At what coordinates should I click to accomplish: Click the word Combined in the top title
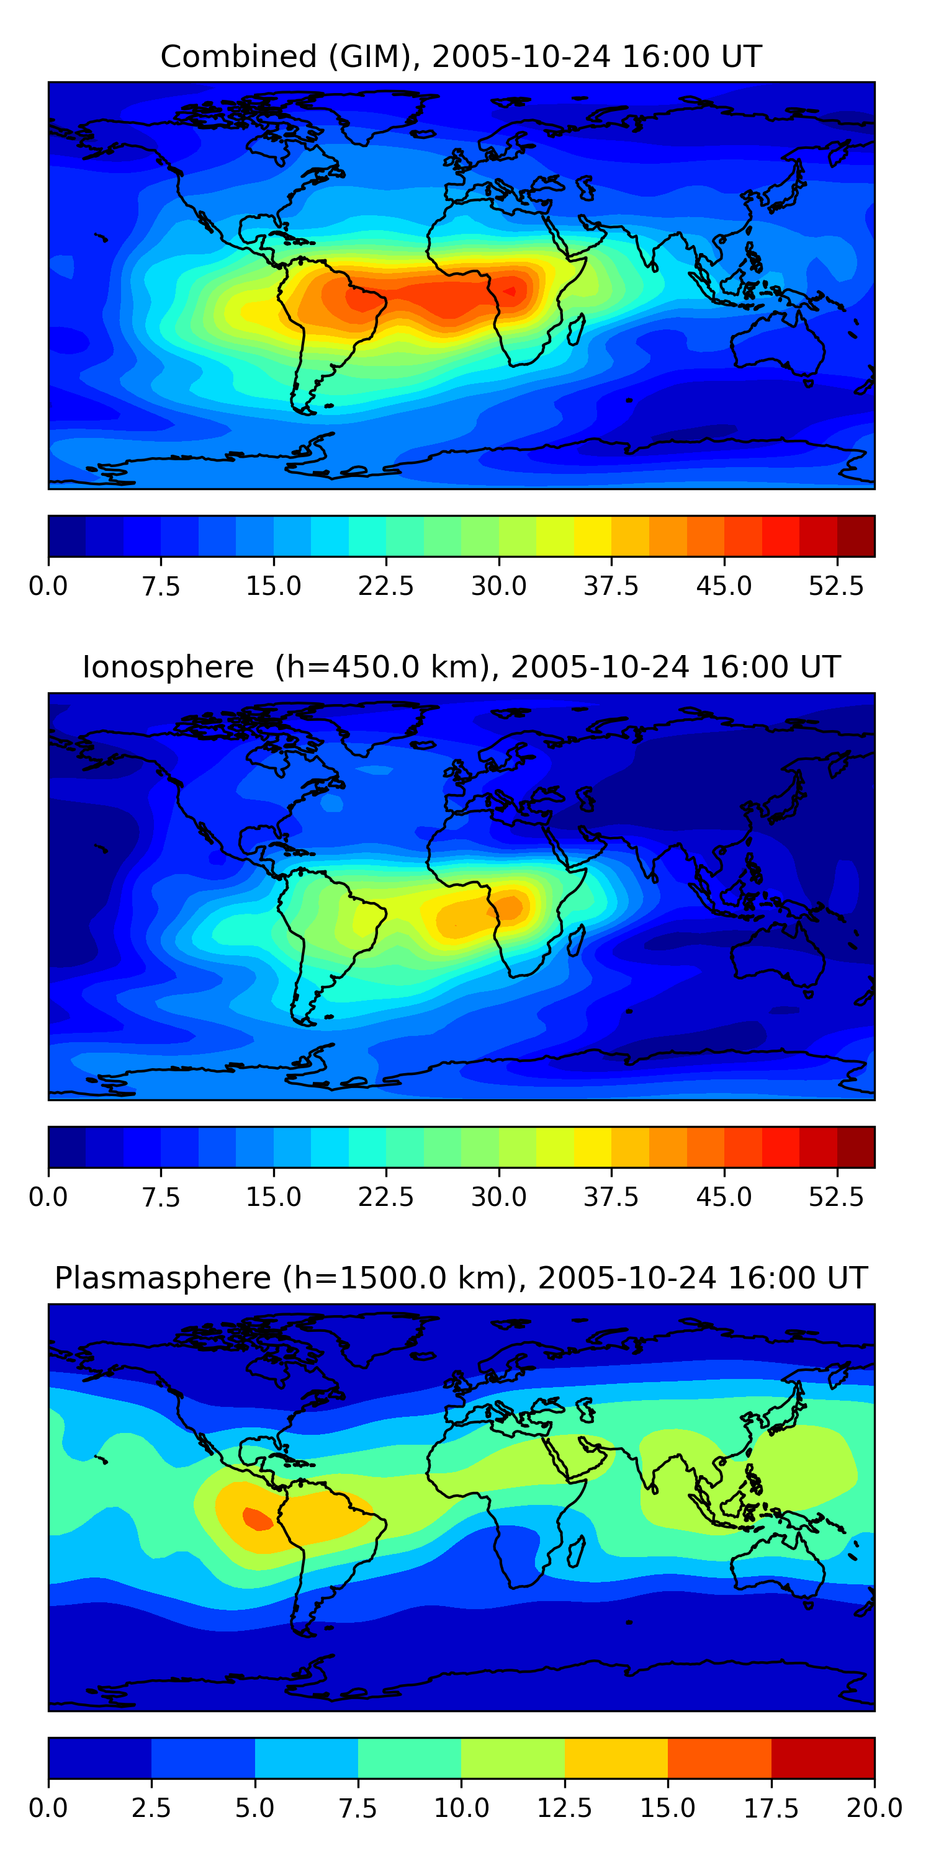click(238, 56)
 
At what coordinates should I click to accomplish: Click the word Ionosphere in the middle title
click(168, 667)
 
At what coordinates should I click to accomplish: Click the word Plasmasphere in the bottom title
click(163, 1278)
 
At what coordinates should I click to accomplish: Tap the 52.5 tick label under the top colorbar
click(835, 586)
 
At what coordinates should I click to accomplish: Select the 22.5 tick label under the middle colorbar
click(385, 1197)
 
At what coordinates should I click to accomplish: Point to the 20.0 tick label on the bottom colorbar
click(874, 1808)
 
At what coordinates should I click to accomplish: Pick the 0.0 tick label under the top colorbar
click(48, 586)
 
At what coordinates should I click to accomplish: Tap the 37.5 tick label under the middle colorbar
click(611, 1197)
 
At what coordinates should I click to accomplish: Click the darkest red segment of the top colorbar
click(856, 536)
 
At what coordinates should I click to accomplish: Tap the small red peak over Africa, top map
click(510, 291)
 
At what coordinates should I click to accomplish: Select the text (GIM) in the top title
click(372, 56)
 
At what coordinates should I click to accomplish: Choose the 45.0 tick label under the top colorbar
click(724, 586)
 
